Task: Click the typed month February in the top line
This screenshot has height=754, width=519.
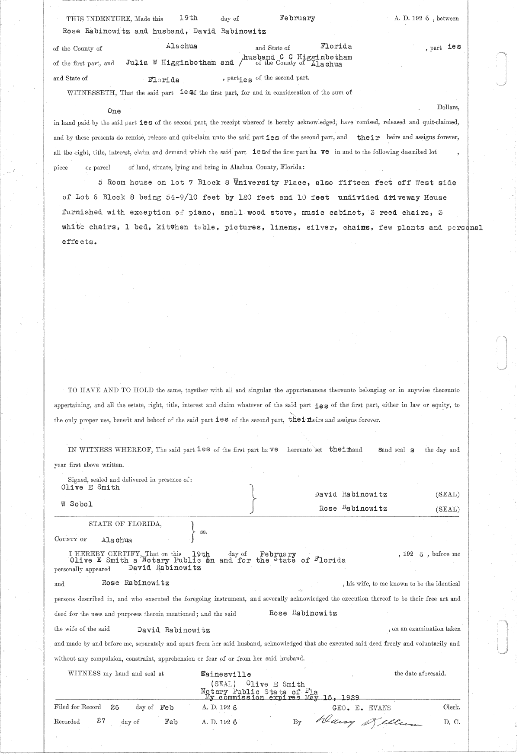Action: (297, 18)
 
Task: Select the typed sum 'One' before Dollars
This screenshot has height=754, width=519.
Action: (114, 111)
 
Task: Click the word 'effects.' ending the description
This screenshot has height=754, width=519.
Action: (79, 242)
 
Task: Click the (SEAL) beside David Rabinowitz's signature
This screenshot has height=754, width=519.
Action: (448, 494)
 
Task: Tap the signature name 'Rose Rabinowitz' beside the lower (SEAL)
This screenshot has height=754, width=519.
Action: (353, 509)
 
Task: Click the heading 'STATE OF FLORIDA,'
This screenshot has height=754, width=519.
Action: (125, 524)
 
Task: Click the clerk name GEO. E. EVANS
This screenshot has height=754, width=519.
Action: (361, 708)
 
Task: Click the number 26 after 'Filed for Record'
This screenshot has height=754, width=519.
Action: (115, 707)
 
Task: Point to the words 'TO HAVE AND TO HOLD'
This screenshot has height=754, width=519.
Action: (111, 390)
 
